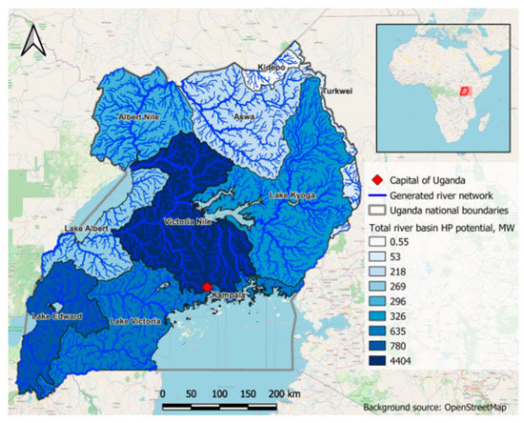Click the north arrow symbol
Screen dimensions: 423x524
point(31,39)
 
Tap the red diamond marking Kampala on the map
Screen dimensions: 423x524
point(206,287)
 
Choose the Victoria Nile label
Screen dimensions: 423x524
point(190,223)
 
